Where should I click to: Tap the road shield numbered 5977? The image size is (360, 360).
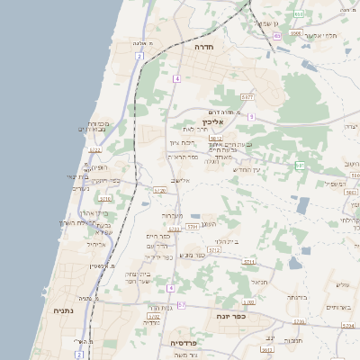[248, 96]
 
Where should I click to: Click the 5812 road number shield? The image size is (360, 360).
[216, 139]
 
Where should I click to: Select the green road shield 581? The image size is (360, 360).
[301, 166]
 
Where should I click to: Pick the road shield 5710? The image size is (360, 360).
[105, 198]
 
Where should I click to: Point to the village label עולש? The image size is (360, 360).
[342, 285]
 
